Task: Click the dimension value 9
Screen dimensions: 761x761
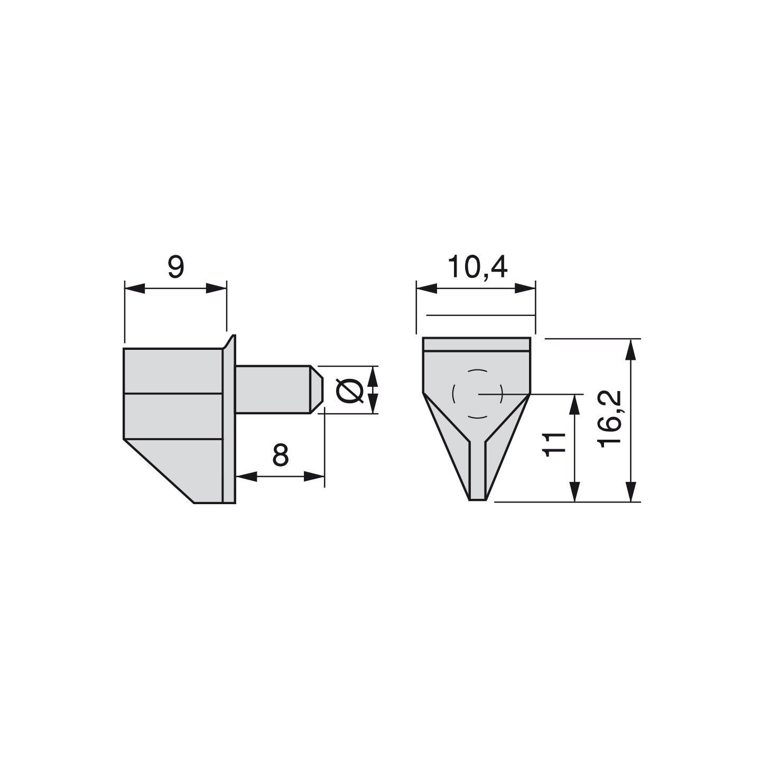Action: [176, 267]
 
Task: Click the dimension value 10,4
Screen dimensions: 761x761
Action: [477, 267]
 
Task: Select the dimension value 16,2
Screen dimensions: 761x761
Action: [610, 419]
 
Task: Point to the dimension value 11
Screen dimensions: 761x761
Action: [555, 444]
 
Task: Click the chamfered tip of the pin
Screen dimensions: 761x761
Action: [317, 389]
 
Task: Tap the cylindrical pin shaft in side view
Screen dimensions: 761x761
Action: [273, 389]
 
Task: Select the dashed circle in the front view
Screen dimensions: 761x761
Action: [453, 394]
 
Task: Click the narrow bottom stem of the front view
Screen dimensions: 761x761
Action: [477, 470]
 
